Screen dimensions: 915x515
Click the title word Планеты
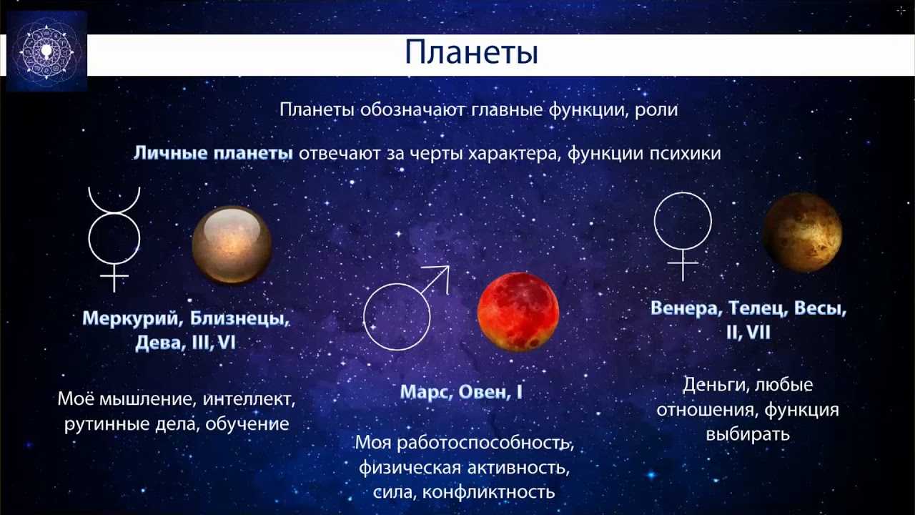point(471,53)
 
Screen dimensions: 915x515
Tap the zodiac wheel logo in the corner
point(46,51)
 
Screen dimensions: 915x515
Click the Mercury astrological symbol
point(114,213)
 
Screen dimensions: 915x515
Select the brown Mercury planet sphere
point(232,245)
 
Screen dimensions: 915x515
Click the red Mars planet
point(518,312)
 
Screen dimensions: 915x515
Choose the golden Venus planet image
point(802,232)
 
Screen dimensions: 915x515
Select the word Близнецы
point(239,318)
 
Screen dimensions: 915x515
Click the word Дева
point(159,343)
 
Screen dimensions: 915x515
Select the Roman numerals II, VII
point(748,333)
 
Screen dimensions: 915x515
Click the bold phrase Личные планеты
point(213,153)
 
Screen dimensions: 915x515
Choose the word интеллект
point(249,399)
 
